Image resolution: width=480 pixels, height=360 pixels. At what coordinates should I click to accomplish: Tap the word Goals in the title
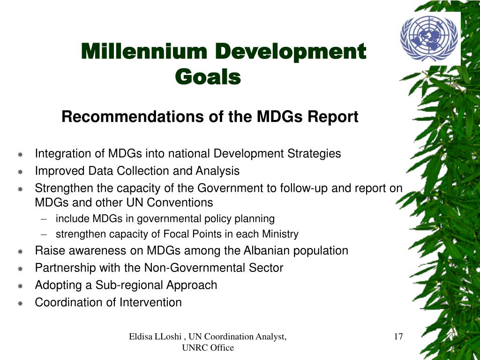[208, 77]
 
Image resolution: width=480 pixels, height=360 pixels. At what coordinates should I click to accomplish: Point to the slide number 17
[398, 336]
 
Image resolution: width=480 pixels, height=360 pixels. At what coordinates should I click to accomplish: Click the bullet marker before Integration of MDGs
[21, 155]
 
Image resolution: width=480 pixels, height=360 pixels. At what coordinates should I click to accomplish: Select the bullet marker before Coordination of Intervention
[21, 304]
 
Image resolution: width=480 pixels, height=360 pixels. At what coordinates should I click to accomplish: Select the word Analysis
[218, 171]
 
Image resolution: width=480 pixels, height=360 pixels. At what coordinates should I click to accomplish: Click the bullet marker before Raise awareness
[21, 252]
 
